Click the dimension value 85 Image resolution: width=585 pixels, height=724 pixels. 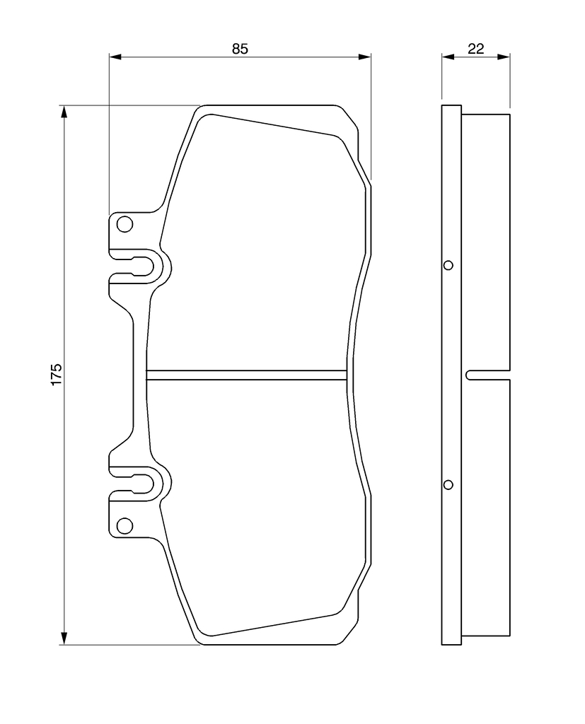(x=240, y=49)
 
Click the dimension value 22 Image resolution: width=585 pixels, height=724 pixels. (x=475, y=49)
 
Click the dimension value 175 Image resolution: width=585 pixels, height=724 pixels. (x=57, y=375)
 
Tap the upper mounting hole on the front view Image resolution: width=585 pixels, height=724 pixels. (x=124, y=224)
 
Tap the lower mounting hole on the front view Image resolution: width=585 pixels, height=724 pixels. (x=124, y=525)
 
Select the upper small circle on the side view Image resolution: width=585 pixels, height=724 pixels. (x=448, y=266)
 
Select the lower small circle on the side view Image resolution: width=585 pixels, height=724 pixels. (x=448, y=485)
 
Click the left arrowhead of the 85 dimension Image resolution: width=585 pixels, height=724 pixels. (x=115, y=57)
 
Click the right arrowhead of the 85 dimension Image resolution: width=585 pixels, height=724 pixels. (x=365, y=57)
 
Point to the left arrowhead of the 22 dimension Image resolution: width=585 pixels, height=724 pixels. (x=448, y=57)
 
